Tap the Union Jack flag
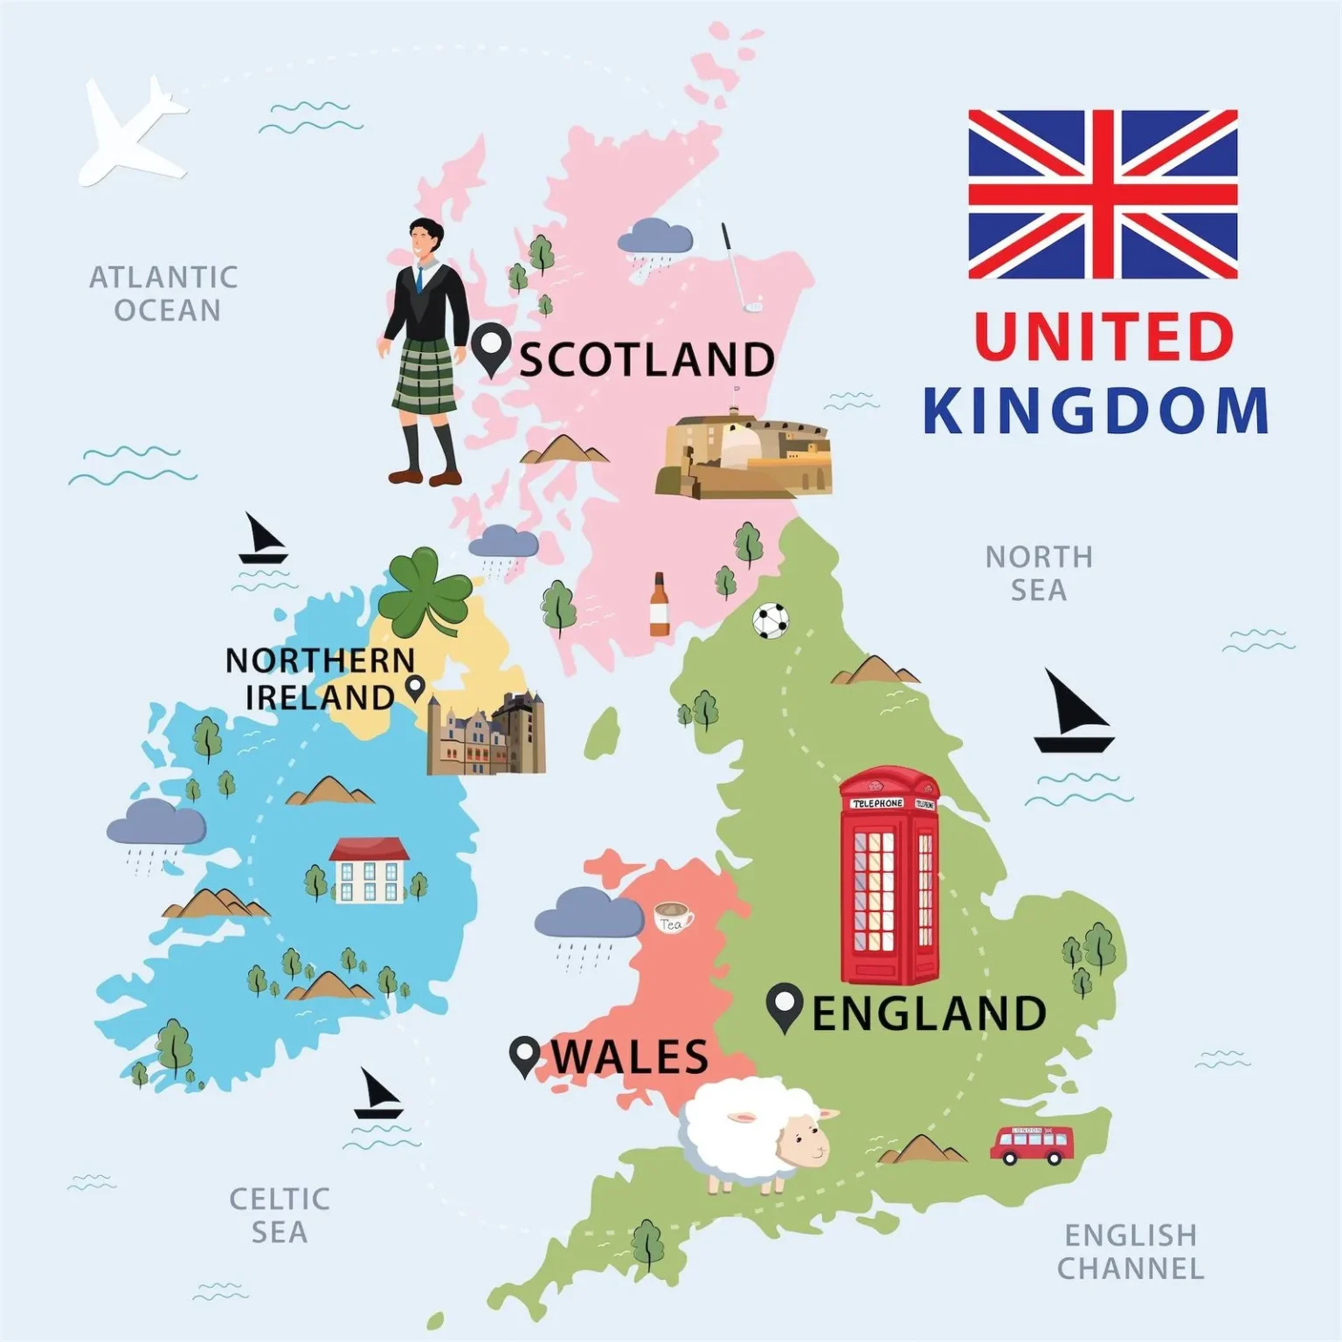pyautogui.click(x=1103, y=194)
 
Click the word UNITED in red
pyautogui.click(x=1103, y=336)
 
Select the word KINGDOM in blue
pyautogui.click(x=1096, y=411)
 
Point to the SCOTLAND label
pyautogui.click(x=647, y=359)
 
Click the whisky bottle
pyautogui.click(x=659, y=605)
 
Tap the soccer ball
pyautogui.click(x=771, y=620)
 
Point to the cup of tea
pyautogui.click(x=673, y=917)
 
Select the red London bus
pyautogui.click(x=1031, y=1145)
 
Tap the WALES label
pyautogui.click(x=629, y=1056)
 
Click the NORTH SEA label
pyautogui.click(x=1039, y=573)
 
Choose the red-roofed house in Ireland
pyautogui.click(x=369, y=869)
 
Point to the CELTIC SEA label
pyautogui.click(x=280, y=1215)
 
